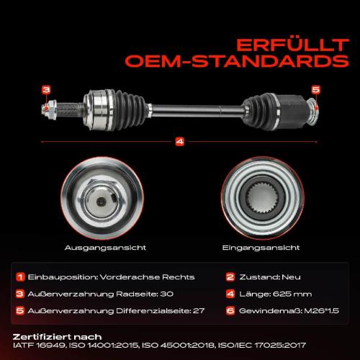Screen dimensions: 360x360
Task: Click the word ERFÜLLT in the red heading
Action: pyautogui.click(x=292, y=45)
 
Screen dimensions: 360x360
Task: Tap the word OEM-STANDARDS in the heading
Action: pyautogui.click(x=237, y=61)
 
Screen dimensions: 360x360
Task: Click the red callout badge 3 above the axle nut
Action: pyautogui.click(x=46, y=90)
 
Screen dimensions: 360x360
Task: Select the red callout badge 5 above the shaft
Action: pyautogui.click(x=316, y=90)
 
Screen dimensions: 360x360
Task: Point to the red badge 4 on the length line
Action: pyautogui.click(x=180, y=142)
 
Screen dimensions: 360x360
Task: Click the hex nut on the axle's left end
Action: pyautogui.click(x=50, y=109)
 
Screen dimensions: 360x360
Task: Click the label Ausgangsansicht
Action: pyautogui.click(x=105, y=248)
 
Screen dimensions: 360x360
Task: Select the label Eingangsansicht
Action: pyautogui.click(x=261, y=248)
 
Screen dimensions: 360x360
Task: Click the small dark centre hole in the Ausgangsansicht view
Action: pyautogui.click(x=101, y=201)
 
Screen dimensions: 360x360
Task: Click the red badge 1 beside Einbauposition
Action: pyautogui.click(x=20, y=277)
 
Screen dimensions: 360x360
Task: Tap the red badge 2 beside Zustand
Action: pyautogui.click(x=230, y=277)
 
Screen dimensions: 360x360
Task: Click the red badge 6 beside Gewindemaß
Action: pyautogui.click(x=230, y=311)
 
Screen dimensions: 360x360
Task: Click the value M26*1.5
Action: pyautogui.click(x=322, y=311)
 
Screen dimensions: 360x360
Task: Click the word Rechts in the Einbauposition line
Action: pyautogui.click(x=178, y=277)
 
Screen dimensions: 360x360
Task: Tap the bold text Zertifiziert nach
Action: pyautogui.click(x=57, y=337)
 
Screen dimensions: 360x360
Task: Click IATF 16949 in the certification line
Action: pyautogui.click(x=39, y=346)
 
